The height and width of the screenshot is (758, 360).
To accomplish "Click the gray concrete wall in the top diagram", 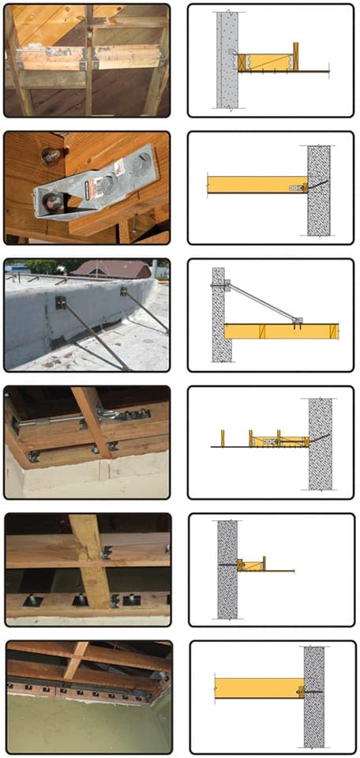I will click(x=227, y=59).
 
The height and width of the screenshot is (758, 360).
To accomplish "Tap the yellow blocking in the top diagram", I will click(x=268, y=62).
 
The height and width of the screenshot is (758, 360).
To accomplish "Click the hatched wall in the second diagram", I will click(x=319, y=189).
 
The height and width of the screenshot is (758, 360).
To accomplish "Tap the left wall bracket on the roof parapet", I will click(x=60, y=302).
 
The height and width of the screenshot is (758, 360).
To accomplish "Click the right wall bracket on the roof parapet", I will click(x=124, y=292).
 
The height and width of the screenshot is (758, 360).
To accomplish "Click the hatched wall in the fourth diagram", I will click(x=321, y=442).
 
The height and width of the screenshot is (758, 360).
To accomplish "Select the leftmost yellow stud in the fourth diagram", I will click(x=223, y=438).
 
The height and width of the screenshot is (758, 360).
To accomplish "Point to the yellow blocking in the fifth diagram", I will click(x=253, y=565).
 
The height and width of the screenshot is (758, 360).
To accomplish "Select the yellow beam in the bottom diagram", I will click(x=257, y=688).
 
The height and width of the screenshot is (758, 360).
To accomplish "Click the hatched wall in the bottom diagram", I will click(x=313, y=695).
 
